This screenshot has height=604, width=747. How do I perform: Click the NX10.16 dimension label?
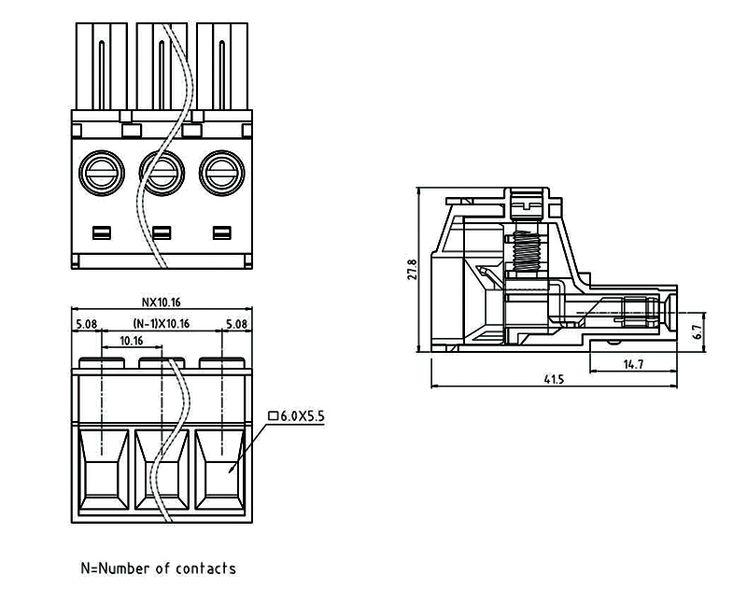160,302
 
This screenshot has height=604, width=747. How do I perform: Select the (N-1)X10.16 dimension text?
160,324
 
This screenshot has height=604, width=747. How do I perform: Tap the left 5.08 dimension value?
86,324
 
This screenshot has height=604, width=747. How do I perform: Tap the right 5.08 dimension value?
237,324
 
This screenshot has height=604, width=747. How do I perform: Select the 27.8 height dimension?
411,270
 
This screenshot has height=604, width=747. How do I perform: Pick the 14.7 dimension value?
633,364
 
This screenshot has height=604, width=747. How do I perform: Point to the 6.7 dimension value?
697,330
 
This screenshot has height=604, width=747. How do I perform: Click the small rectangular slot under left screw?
101,232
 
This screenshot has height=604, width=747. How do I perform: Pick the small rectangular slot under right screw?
221,232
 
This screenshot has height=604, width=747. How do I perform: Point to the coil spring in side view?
529,252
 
